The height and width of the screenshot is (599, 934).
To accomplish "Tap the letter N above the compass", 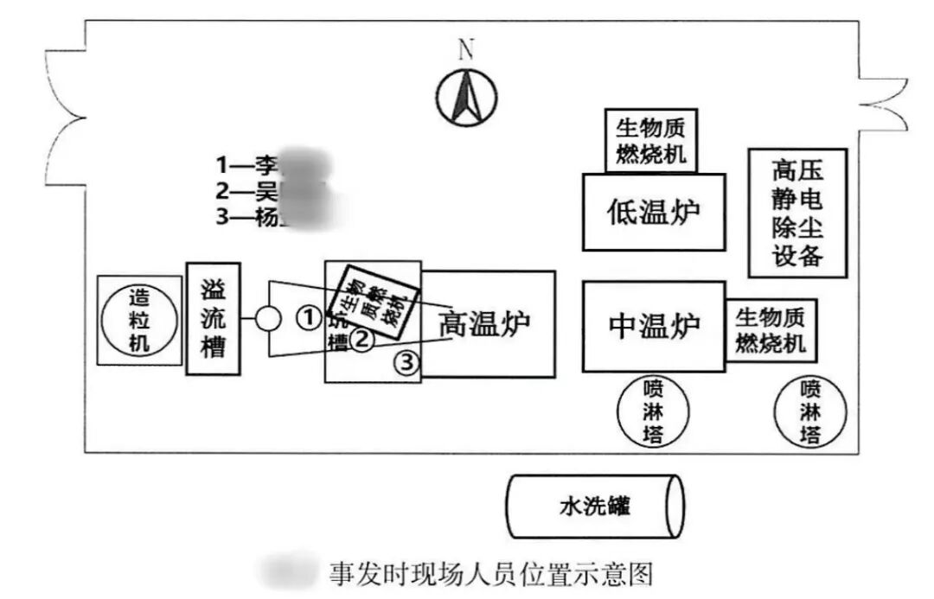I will pyautogui.click(x=466, y=49).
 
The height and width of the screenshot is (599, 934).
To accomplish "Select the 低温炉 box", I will pyautogui.click(x=653, y=212).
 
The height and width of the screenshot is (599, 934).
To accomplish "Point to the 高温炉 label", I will pyautogui.click(x=484, y=323).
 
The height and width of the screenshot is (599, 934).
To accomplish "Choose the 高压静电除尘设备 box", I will pyautogui.click(x=796, y=213).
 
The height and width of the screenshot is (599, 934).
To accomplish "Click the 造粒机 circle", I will pyautogui.click(x=138, y=320).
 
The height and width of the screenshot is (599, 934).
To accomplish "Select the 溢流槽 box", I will pyautogui.click(x=213, y=318).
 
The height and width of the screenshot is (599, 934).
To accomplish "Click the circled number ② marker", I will pyautogui.click(x=362, y=339).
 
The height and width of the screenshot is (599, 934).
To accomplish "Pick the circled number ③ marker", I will pyautogui.click(x=407, y=363).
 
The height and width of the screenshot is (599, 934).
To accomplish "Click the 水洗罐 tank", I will pyautogui.click(x=595, y=506).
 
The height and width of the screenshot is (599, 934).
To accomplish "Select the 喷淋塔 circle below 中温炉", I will pyautogui.click(x=654, y=410).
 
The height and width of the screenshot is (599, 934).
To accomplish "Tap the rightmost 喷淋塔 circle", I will pyautogui.click(x=810, y=410).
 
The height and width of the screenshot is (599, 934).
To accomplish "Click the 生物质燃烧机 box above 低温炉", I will pyautogui.click(x=650, y=141).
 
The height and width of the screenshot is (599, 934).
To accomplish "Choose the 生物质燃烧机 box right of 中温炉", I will pyautogui.click(x=771, y=331).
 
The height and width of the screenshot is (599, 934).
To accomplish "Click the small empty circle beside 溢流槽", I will pyautogui.click(x=268, y=320).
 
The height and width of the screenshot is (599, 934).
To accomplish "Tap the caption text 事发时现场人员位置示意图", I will pyautogui.click(x=489, y=573).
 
